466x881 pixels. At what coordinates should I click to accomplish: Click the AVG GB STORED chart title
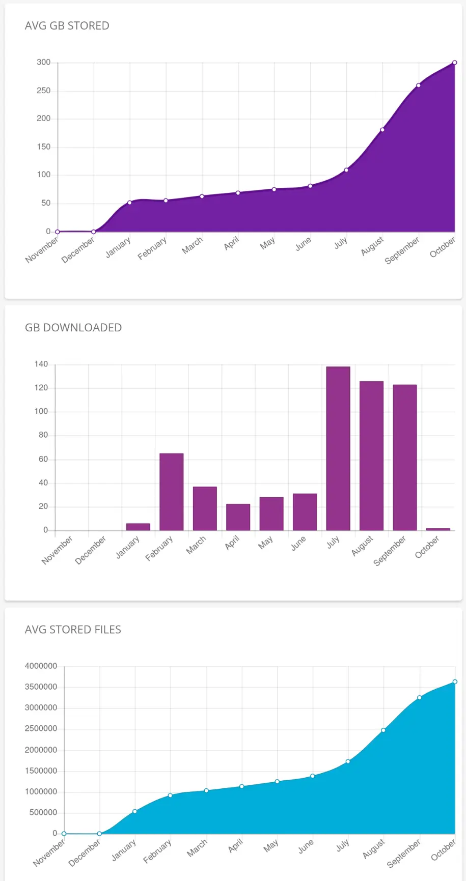click(67, 26)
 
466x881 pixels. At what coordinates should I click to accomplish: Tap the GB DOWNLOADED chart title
click(73, 328)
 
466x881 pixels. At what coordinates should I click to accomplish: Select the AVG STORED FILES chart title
click(73, 630)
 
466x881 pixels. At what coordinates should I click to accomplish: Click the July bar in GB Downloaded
click(338, 448)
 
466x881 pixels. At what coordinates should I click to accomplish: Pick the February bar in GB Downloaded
click(172, 491)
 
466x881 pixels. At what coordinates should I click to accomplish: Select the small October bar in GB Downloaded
click(438, 529)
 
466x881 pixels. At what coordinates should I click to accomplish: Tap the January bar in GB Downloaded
click(138, 527)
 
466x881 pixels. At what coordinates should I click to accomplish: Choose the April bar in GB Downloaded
click(238, 517)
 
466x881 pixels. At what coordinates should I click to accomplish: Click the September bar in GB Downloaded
click(405, 457)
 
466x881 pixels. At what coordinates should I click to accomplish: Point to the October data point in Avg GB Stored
click(455, 63)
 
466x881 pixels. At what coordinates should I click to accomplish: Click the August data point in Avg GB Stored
click(382, 130)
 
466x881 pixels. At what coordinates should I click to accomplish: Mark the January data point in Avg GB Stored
click(130, 203)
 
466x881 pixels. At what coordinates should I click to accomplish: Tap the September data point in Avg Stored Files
click(420, 697)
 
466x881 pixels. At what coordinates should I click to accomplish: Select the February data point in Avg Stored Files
click(170, 795)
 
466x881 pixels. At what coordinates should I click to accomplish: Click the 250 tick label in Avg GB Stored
click(44, 91)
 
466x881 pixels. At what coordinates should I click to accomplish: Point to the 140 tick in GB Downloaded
click(41, 364)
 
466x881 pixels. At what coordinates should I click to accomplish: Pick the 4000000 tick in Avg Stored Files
click(41, 666)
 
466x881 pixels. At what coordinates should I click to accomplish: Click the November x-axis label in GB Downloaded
click(57, 550)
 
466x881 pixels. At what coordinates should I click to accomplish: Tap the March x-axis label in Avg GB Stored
click(193, 245)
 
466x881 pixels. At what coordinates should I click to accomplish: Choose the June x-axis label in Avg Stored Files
click(306, 846)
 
